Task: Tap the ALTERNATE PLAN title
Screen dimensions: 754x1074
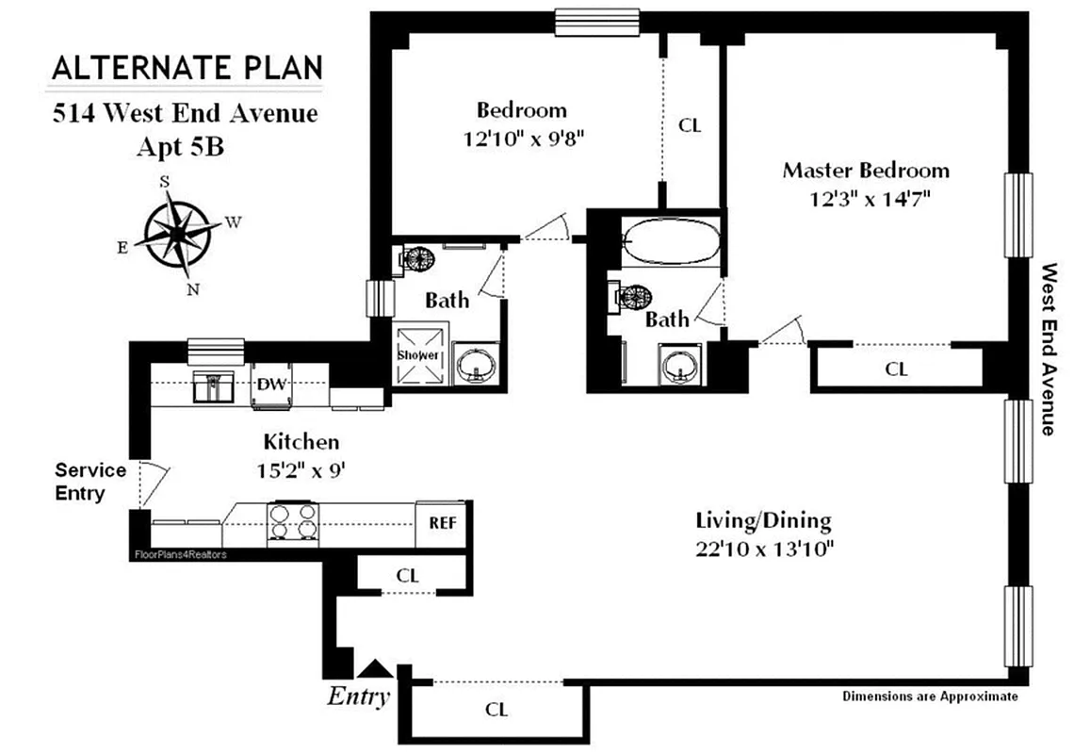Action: (x=187, y=68)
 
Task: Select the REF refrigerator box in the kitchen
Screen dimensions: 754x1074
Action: (x=442, y=522)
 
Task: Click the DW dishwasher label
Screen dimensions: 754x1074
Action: (x=272, y=384)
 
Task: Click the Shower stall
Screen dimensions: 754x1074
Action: (x=417, y=355)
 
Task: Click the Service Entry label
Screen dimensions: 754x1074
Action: (x=90, y=481)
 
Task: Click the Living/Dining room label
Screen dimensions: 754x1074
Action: (x=763, y=519)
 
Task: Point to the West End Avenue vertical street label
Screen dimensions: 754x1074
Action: (x=1048, y=349)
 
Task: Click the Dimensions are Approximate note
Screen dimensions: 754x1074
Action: (x=929, y=697)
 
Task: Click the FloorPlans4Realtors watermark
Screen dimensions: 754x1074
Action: (x=180, y=554)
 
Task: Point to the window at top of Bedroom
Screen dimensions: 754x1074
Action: (x=597, y=20)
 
